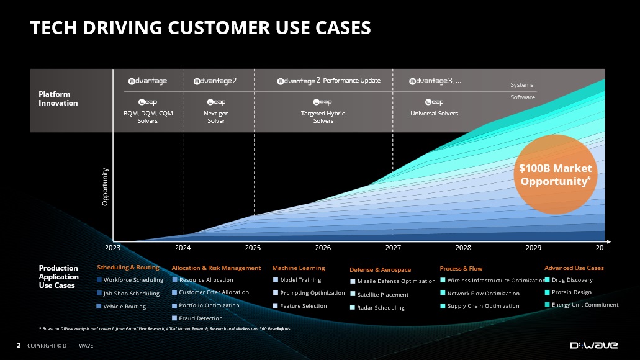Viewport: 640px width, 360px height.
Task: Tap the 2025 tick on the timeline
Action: [x=253, y=248]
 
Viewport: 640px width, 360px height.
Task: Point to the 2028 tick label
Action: [x=463, y=248]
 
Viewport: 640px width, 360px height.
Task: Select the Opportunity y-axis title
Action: [x=106, y=187]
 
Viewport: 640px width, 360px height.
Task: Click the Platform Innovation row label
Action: [x=58, y=99]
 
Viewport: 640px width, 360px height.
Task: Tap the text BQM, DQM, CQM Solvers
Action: [x=148, y=117]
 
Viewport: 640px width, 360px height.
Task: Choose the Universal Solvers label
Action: [x=434, y=114]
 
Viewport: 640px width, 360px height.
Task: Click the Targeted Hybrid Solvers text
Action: [x=323, y=117]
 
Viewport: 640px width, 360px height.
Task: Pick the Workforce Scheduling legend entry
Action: [x=133, y=280]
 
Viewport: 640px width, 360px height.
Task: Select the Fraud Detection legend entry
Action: [x=200, y=318]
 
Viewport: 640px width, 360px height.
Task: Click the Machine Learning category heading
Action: [x=299, y=268]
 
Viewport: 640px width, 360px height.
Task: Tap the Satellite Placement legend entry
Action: [x=382, y=295]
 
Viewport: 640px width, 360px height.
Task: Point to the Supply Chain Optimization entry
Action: [x=483, y=306]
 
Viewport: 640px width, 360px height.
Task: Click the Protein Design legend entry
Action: [x=571, y=292]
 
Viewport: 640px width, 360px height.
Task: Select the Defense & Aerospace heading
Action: [x=380, y=270]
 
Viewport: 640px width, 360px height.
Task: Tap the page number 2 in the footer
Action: [x=19, y=345]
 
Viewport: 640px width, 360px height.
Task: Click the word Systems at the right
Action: [x=521, y=85]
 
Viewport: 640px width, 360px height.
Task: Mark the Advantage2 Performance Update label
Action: [x=328, y=81]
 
